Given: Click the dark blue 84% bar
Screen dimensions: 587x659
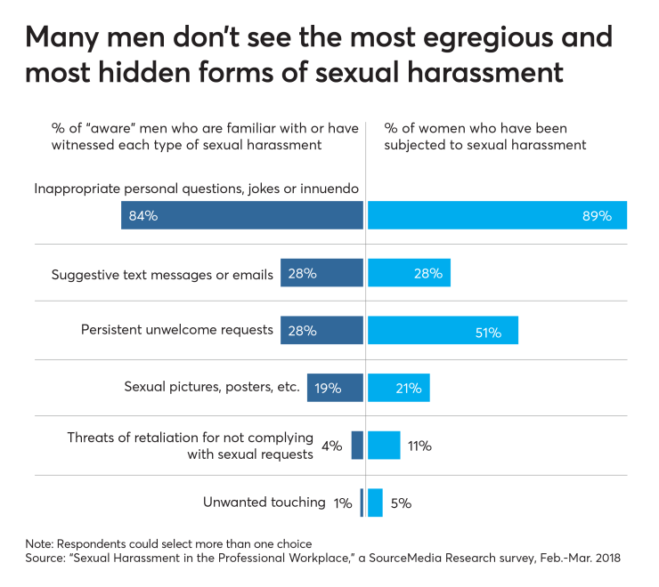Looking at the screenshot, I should click(x=242, y=215).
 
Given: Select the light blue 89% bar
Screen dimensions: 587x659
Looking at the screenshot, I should click(x=497, y=215).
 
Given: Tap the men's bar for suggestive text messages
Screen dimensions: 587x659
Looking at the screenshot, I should click(x=321, y=273).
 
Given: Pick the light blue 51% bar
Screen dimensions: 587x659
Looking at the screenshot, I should click(x=443, y=330).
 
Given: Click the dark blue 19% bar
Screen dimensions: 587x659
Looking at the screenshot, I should click(x=335, y=388).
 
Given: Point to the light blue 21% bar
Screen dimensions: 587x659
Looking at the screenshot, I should click(x=398, y=388).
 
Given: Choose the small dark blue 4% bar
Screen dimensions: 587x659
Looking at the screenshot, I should click(x=357, y=445).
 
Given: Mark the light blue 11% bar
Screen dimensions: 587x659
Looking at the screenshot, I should click(x=384, y=445).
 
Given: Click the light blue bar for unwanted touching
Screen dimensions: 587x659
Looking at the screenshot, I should click(x=375, y=503).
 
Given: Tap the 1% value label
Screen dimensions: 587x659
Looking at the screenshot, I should click(x=342, y=503).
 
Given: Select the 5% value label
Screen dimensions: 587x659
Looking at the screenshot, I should click(x=401, y=503).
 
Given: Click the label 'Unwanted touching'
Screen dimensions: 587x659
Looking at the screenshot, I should click(x=264, y=503).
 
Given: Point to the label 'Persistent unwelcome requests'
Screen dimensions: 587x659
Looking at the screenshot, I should click(x=176, y=329).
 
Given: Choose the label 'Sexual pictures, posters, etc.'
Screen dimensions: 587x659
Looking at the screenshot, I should click(x=212, y=387).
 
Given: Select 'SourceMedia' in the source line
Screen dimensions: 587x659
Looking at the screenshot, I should click(x=382, y=558).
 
